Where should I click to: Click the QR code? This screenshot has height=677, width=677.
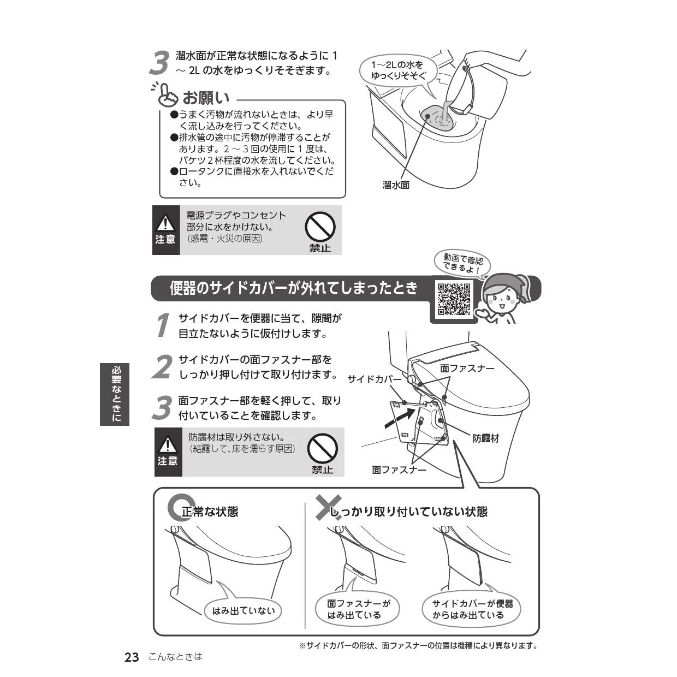pyautogui.click(x=454, y=299)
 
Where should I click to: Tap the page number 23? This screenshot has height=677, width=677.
pyautogui.click(x=132, y=657)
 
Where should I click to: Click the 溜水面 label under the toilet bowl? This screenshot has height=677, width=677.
pyautogui.click(x=396, y=185)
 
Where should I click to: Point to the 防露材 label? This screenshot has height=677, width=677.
pyautogui.click(x=485, y=438)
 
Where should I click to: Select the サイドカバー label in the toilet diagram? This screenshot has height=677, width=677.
pyautogui.click(x=375, y=379)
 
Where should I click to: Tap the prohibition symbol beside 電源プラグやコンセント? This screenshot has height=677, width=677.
pyautogui.click(x=320, y=227)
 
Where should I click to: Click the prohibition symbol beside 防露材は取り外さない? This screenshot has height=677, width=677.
pyautogui.click(x=322, y=448)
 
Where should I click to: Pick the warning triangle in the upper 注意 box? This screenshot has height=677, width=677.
pyautogui.click(x=165, y=223)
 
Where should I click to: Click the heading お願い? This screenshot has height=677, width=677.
pyautogui.click(x=206, y=98)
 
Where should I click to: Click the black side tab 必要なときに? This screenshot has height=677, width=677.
pyautogui.click(x=115, y=394)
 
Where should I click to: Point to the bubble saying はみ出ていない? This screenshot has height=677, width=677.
pyautogui.click(x=243, y=610)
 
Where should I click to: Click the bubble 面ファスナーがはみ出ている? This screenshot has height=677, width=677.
pyautogui.click(x=357, y=609)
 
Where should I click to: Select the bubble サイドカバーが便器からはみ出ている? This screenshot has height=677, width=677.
pyautogui.click(x=471, y=609)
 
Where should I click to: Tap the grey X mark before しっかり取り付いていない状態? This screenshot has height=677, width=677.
pyautogui.click(x=328, y=507)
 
